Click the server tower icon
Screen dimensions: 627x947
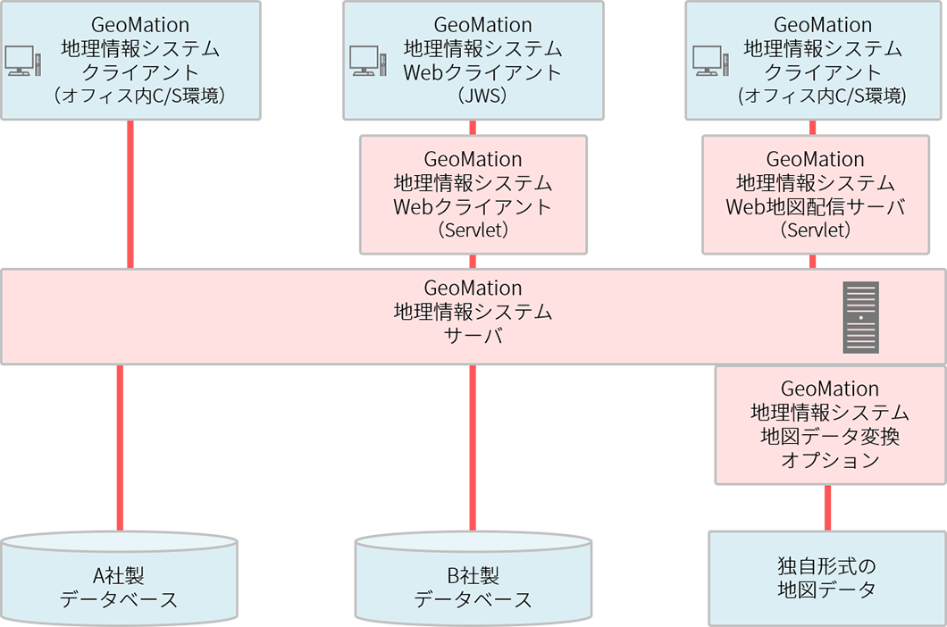(x=861, y=316)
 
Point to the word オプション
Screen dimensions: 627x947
(x=830, y=461)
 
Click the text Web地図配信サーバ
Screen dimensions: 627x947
(x=815, y=207)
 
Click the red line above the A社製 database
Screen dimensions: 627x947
(x=119, y=447)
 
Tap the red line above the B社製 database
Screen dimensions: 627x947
(x=473, y=447)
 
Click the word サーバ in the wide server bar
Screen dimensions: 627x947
(x=473, y=338)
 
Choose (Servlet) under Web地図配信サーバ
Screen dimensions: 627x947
(x=815, y=230)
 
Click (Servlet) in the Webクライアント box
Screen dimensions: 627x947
(x=473, y=230)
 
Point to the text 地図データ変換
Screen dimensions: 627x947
(x=830, y=437)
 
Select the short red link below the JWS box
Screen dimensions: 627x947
(x=473, y=127)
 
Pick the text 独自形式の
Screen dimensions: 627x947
(x=827, y=565)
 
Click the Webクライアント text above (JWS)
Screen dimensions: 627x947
(x=482, y=72)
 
